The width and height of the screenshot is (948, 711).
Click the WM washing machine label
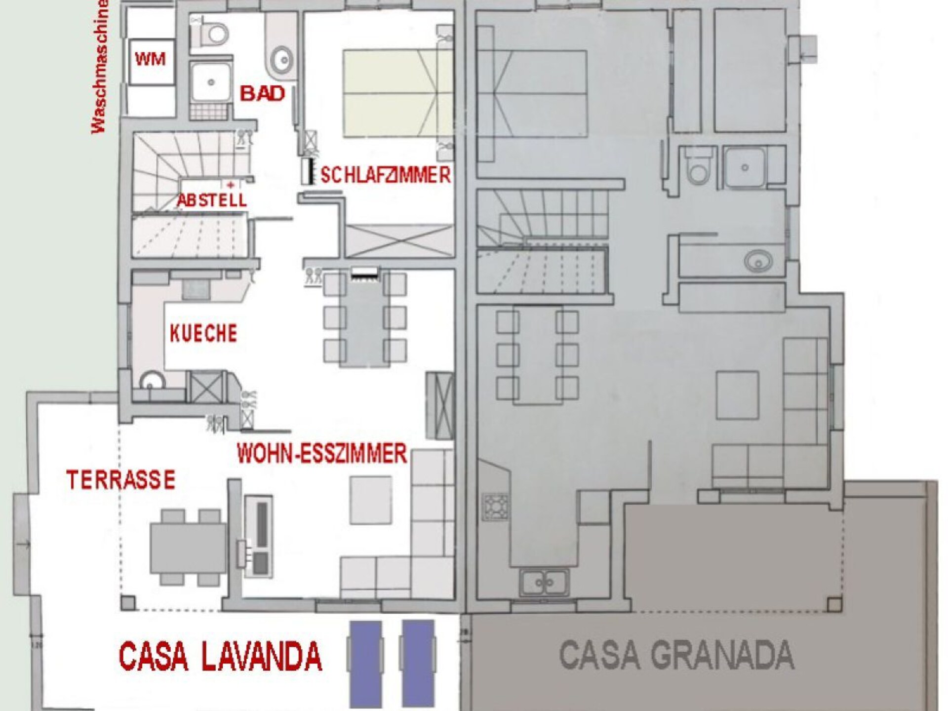click(150, 60)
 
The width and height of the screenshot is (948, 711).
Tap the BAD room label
click(263, 93)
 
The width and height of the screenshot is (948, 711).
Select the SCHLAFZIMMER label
click(386, 175)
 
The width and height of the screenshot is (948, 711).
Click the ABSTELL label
click(212, 200)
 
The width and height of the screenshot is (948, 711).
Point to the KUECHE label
click(203, 333)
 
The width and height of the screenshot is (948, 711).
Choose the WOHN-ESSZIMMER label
click(322, 453)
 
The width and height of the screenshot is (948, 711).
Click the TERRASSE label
click(121, 479)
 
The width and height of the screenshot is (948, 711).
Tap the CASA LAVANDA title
click(220, 656)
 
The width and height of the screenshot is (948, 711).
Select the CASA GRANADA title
click(676, 654)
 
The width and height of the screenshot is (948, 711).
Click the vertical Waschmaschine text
click(99, 67)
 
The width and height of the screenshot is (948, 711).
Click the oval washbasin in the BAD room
click(282, 61)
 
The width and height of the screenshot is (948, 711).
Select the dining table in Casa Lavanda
click(365, 319)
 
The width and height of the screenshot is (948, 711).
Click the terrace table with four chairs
click(188, 548)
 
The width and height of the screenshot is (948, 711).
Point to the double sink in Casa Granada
click(544, 583)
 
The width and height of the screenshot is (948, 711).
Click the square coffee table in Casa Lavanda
click(371, 501)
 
